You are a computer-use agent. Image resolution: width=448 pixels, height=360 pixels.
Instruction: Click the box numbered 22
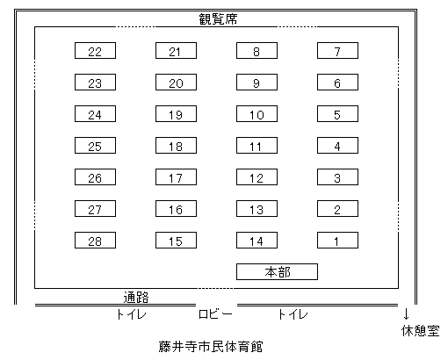pos(95,50)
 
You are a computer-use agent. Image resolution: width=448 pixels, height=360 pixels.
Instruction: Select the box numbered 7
pos(337,50)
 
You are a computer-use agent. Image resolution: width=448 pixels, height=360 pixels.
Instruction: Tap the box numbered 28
pos(95,241)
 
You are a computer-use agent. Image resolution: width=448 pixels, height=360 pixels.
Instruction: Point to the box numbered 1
pos(337,241)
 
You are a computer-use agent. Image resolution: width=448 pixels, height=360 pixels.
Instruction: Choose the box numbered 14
pos(257,241)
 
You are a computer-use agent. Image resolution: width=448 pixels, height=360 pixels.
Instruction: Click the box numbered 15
pos(176,241)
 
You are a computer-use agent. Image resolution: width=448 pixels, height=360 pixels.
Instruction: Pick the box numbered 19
pos(176,113)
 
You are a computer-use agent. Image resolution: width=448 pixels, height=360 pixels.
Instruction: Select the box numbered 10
pos(257,113)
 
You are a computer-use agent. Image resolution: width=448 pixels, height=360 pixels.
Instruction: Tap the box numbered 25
pos(95,145)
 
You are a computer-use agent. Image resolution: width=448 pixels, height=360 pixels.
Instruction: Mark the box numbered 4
pos(337,145)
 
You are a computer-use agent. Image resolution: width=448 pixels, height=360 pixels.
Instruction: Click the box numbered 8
pos(257,50)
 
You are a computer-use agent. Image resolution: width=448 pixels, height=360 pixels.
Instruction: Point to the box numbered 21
pos(176,50)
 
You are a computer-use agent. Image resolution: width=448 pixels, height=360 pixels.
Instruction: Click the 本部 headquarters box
pos(277,272)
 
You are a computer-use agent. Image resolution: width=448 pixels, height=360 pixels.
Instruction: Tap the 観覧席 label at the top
pos(218,19)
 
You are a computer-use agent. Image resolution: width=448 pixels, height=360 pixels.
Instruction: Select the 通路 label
pos(136,298)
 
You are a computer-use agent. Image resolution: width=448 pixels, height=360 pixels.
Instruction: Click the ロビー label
pos(215,314)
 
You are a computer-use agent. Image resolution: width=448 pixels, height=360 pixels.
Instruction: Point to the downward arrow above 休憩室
pos(406,313)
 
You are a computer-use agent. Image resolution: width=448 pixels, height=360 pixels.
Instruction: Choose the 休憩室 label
pos(421,331)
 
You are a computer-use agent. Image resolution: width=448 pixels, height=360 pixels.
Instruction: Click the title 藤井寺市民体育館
pos(211,347)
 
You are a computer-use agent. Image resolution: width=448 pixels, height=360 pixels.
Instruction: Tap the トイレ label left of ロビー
pos(131,314)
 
